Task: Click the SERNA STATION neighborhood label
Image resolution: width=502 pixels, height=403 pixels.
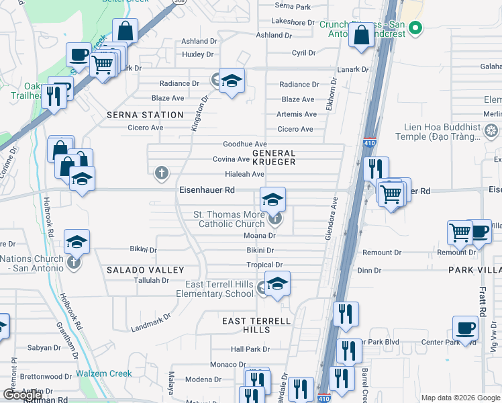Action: pos(145,115)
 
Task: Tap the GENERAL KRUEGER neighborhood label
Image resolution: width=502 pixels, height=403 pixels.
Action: pos(274,158)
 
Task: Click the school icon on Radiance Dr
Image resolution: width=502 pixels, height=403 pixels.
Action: pos(232,81)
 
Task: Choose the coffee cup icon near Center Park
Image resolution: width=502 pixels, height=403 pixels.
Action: pos(465,328)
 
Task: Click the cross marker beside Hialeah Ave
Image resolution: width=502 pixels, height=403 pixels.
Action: pos(161,174)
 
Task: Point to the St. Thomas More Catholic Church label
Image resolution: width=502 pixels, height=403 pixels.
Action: pos(229,219)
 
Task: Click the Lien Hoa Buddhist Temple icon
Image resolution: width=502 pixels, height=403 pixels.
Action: pos(492,130)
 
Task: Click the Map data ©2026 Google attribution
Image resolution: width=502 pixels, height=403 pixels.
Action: pos(460,398)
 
